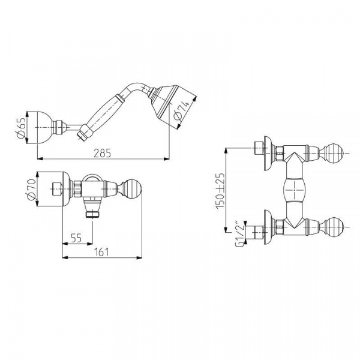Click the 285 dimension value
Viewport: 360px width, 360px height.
102,153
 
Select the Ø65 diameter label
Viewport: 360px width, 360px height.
22,128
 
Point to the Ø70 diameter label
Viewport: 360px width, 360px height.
31,189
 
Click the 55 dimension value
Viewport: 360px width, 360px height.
76,238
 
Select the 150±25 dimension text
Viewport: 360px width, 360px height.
220,191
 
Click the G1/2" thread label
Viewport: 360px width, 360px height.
239,233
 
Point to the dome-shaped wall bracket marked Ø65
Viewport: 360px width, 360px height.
45,128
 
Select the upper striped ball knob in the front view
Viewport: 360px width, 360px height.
335,153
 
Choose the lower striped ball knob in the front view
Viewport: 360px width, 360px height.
335,227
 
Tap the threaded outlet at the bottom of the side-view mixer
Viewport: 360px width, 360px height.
92,214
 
